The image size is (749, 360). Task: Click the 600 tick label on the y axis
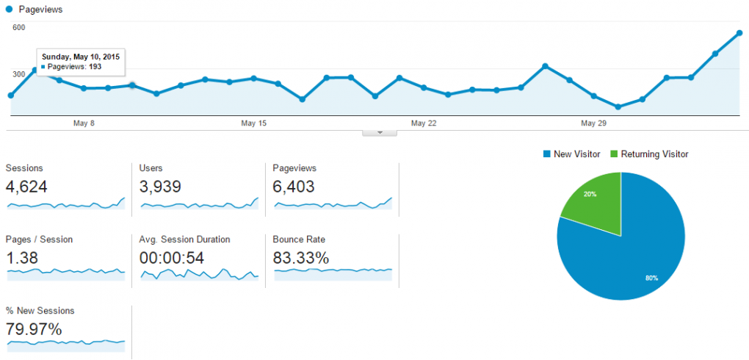point(19,28)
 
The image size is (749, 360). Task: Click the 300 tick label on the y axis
point(19,74)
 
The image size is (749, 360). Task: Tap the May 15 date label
point(253,123)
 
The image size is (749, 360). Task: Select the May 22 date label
point(424,123)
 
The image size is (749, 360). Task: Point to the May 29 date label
point(593,123)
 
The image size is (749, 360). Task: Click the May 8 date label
point(84,123)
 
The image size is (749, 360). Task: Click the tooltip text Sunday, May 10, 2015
point(81,57)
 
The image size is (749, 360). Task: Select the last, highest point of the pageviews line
point(739,33)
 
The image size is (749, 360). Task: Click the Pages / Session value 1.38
point(22,258)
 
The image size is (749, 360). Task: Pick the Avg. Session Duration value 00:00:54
point(172,258)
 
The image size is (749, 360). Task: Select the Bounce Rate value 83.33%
point(301,258)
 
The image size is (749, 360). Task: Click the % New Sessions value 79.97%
point(34,328)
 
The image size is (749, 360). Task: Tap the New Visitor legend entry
point(571,154)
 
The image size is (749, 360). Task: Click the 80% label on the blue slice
point(651,278)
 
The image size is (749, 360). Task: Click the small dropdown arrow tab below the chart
point(380,132)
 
